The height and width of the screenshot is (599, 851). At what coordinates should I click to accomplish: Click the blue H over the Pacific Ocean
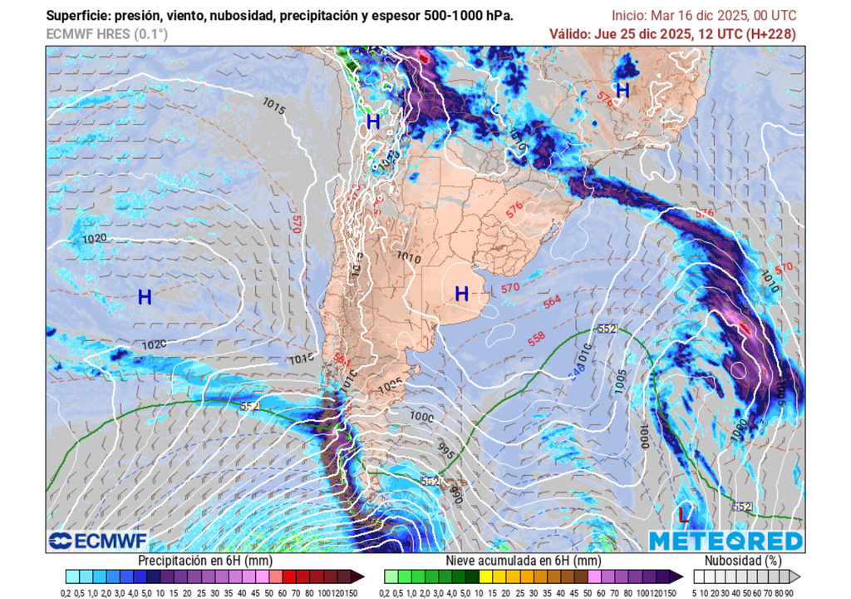145,297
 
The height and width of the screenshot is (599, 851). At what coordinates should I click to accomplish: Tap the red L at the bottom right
683,514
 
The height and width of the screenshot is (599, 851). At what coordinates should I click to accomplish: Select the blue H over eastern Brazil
622,90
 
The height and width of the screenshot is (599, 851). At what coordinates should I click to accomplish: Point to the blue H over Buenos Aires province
462,293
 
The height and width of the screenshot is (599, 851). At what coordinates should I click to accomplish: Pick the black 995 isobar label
446,453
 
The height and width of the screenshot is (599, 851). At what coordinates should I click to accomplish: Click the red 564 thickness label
553,302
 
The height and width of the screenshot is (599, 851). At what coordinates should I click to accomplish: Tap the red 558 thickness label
537,339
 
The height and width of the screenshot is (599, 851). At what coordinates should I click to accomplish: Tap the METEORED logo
726,542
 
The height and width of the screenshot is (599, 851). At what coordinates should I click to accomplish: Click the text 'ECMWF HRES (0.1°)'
106,34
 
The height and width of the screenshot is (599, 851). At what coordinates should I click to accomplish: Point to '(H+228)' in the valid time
771,34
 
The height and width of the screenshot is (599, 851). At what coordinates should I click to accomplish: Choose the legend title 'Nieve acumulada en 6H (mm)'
523,561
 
